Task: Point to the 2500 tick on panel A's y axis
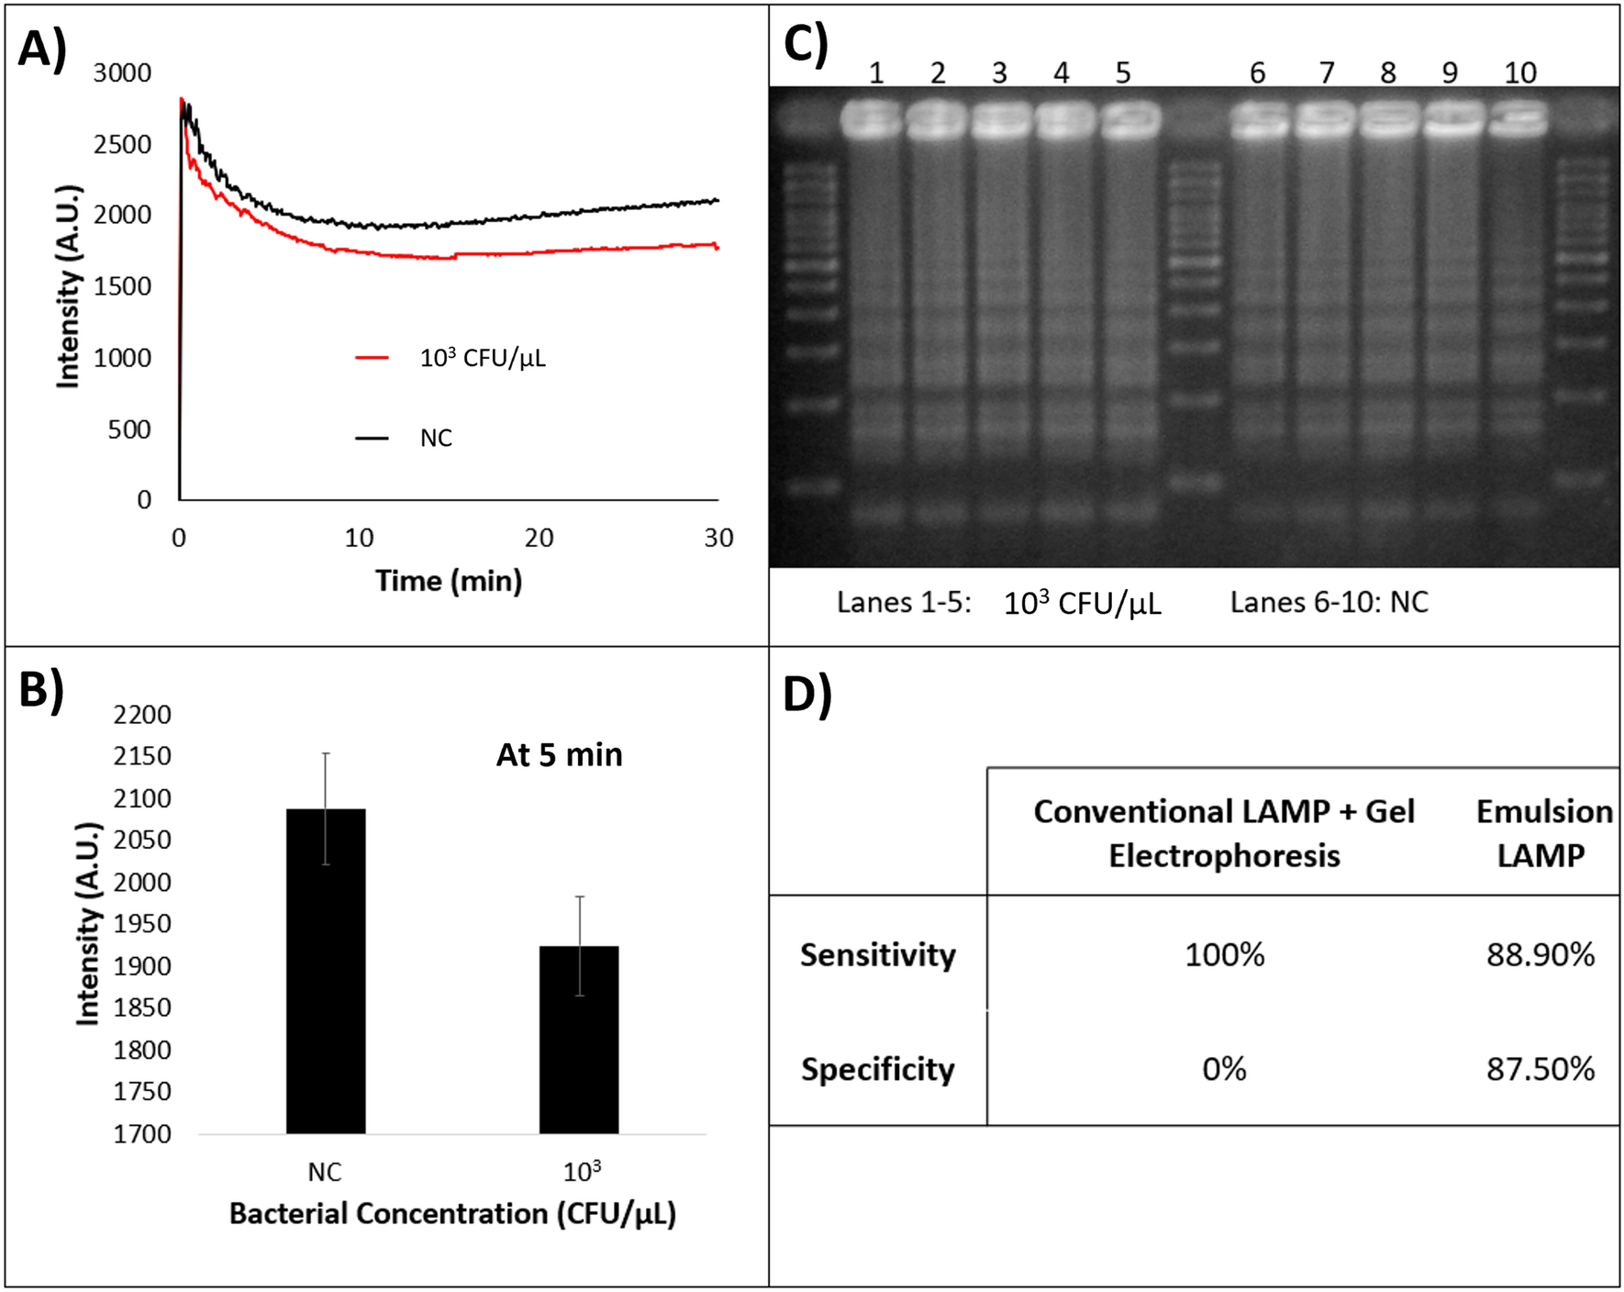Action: click(122, 144)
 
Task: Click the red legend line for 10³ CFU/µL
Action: click(373, 358)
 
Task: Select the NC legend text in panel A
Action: click(436, 439)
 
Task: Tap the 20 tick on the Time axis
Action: click(539, 538)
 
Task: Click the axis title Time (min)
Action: click(449, 581)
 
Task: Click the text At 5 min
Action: click(559, 755)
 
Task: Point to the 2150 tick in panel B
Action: click(142, 756)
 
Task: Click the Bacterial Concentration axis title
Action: click(452, 1214)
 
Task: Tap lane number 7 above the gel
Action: click(1326, 72)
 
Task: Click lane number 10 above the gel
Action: click(1519, 72)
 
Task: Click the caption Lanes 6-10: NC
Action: click(1329, 603)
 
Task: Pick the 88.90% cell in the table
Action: click(1541, 955)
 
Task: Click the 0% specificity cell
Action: click(1224, 1069)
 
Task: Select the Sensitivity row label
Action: click(877, 955)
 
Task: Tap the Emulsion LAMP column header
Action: click(1543, 833)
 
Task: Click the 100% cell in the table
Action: click(1224, 955)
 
